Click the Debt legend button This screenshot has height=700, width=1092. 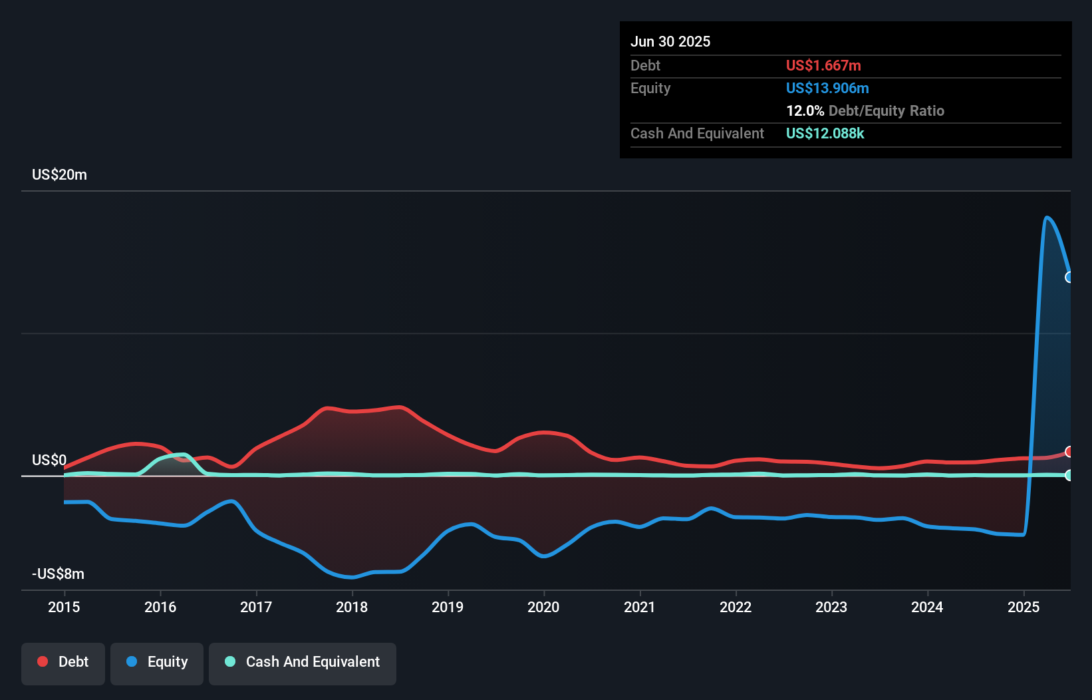[63, 662]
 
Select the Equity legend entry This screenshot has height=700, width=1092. [157, 662]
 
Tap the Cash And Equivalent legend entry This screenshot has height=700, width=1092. [303, 662]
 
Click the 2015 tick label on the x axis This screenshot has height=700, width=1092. [64, 607]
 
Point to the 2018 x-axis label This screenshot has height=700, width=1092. [352, 607]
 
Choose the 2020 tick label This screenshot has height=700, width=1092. [543, 607]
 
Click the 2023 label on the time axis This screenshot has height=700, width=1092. [831, 607]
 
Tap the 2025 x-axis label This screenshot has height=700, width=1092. [1024, 607]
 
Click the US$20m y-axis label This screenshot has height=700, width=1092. [59, 174]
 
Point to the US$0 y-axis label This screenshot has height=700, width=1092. [49, 460]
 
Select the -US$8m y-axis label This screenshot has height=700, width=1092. [58, 574]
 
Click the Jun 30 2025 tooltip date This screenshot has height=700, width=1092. [670, 41]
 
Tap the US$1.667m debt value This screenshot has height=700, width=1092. [823, 65]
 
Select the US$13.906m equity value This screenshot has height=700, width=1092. [827, 88]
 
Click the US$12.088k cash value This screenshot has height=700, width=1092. [825, 133]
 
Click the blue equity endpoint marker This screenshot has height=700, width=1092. [1069, 277]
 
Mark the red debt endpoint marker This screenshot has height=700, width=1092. [1069, 452]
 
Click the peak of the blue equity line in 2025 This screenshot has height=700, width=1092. [1047, 217]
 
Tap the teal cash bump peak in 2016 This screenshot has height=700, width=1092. [182, 454]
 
